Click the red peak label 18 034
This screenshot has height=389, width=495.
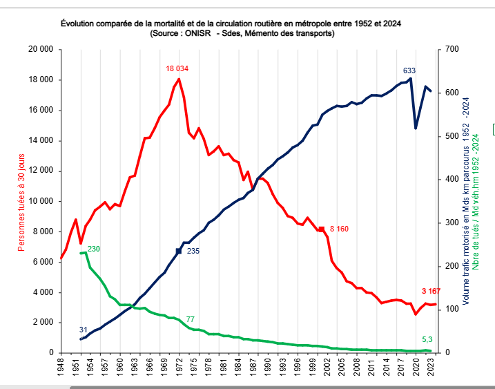click(177, 69)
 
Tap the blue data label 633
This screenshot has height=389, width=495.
click(409, 70)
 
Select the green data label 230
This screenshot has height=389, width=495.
click(94, 249)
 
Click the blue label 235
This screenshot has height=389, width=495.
click(193, 251)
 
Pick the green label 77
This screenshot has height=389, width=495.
click(190, 319)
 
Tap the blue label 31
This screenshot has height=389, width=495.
click(83, 330)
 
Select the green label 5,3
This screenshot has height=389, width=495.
click(427, 339)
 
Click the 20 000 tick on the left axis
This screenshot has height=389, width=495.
click(41, 50)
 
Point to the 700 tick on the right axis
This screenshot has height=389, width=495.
click(452, 50)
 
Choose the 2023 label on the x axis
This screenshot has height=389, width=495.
click(431, 368)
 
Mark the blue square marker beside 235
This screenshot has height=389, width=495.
click(179, 251)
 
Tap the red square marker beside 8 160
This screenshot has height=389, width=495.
click(321, 229)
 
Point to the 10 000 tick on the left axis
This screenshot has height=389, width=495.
click(41, 201)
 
